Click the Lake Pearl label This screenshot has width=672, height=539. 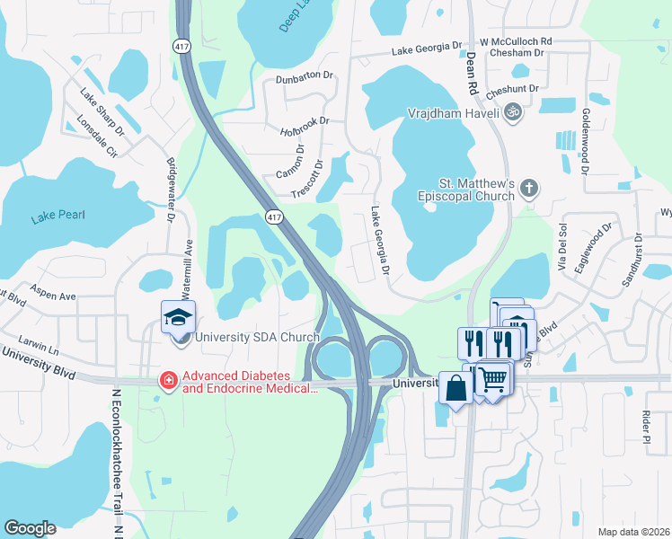click(x=56, y=216)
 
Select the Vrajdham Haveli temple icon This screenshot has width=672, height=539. click(x=512, y=111)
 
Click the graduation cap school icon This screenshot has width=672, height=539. click(x=179, y=317)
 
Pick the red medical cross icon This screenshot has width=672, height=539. click(x=168, y=381)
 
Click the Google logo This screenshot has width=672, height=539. click(x=30, y=528)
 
